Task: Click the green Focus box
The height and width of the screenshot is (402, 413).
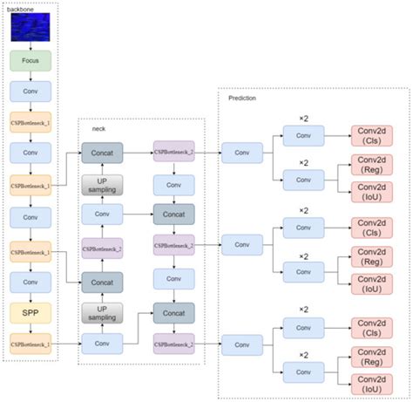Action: [31, 61]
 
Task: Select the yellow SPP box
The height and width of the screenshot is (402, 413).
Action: [31, 311]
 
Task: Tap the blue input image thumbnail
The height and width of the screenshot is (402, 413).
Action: [31, 29]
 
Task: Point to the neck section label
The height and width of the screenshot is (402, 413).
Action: [99, 128]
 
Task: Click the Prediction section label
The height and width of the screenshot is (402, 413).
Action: [243, 98]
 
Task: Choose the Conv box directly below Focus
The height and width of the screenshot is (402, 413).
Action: [31, 92]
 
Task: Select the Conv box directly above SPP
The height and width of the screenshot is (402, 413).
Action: [31, 282]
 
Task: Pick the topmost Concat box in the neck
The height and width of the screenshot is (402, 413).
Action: [104, 153]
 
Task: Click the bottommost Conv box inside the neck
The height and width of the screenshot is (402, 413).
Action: [104, 343]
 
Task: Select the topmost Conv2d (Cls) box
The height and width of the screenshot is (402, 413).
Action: [373, 135]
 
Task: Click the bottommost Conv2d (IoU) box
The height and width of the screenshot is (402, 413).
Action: [373, 381]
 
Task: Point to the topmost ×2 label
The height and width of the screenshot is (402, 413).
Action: [304, 117]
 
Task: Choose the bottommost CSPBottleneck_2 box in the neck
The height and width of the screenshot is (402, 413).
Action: [173, 343]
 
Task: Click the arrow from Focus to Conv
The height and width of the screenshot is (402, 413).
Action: [31, 77]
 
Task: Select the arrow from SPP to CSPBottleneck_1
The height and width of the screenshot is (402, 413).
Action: [31, 327]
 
